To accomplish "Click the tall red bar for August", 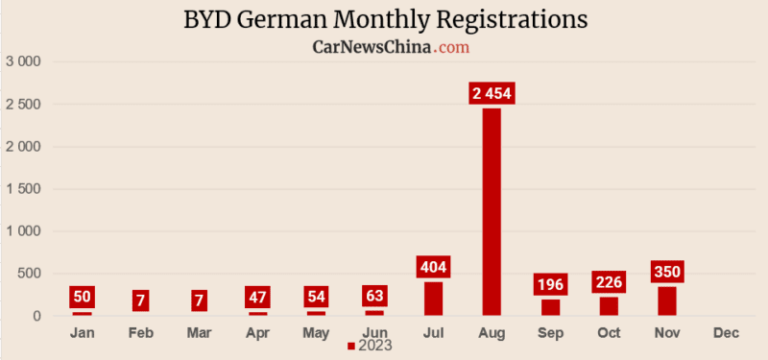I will [x=492, y=211].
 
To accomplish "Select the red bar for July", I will [x=433, y=299].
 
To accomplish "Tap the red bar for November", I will [x=667, y=300].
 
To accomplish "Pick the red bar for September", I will [x=550, y=307].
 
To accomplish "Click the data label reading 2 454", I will [x=492, y=93].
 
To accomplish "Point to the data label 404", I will [x=433, y=267].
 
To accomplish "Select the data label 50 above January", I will [x=82, y=297].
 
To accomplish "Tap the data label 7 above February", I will [x=140, y=300].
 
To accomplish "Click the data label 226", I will [x=609, y=282].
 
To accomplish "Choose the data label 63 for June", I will [x=374, y=296].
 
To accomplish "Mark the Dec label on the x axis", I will [x=726, y=332].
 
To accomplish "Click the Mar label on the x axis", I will [x=199, y=332].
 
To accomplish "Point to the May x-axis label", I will [x=316, y=332].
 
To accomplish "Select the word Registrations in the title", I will [x=505, y=19].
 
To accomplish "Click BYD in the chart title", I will [x=206, y=19].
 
